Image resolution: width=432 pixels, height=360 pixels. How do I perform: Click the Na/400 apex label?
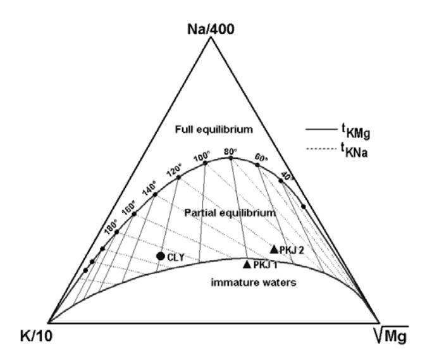coord(211,29)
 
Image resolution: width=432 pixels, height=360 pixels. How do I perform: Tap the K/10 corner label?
coord(36,337)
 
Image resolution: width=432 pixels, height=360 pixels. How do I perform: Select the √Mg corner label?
coord(392,335)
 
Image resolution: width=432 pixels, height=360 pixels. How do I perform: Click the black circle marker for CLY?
coord(161,256)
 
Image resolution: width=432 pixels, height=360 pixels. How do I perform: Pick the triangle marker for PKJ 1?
coord(247,264)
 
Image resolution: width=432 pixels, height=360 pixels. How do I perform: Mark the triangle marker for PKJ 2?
coord(274,249)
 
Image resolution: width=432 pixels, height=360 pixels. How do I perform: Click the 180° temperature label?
coord(111,227)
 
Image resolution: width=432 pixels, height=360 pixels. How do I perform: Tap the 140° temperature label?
coord(150,188)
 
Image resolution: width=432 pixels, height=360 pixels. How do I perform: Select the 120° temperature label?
coord(174,170)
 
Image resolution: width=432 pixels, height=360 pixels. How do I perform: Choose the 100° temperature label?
coord(202,157)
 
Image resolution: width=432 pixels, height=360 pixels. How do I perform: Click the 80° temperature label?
coord(230,152)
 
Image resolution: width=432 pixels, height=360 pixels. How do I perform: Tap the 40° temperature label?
coord(287,176)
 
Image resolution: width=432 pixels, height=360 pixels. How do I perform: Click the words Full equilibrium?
coord(214,129)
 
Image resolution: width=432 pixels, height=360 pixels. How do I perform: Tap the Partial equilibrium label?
coord(230,213)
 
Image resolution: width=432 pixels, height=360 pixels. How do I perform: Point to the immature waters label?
coord(254,283)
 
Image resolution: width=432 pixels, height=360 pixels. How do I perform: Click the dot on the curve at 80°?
coord(231,158)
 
